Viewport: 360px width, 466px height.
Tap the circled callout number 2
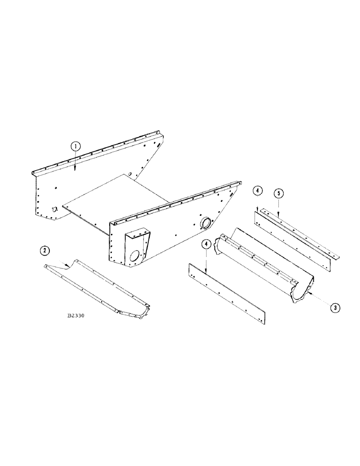click(x=44, y=251)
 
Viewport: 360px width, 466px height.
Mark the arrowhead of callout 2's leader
click(x=69, y=266)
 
